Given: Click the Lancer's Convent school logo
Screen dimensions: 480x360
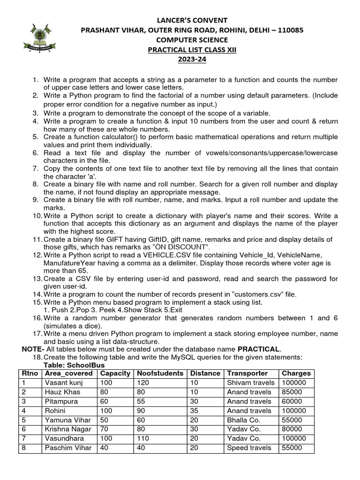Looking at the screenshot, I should click(x=40, y=37).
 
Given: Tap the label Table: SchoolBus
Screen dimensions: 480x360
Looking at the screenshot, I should click(x=74, y=365).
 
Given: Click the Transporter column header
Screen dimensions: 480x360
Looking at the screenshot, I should click(x=247, y=374).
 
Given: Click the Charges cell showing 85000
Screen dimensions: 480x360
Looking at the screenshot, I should click(x=292, y=392).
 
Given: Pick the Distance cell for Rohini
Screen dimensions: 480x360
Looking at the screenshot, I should click(x=194, y=411).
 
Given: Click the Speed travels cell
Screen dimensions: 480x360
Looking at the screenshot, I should click(x=249, y=448).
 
